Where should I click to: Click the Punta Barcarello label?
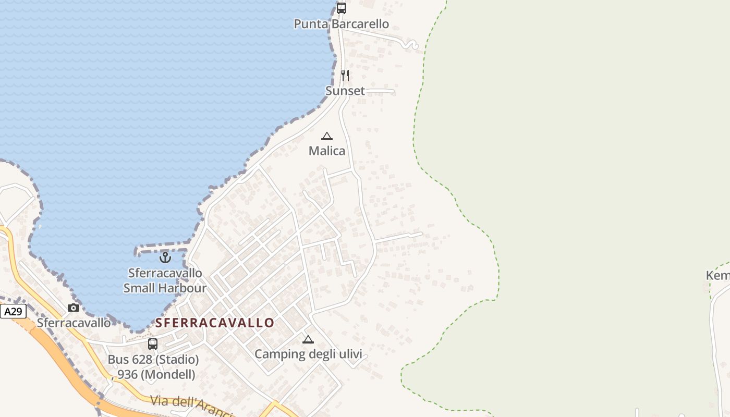pos(341,24)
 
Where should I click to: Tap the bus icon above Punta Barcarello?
pos(341,8)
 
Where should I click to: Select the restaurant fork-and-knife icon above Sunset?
pos(345,76)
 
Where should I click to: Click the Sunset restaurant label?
pos(345,91)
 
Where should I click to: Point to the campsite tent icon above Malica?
pos(327,137)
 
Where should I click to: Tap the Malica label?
pos(327,151)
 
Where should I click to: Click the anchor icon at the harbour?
pos(165,257)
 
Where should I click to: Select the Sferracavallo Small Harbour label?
pos(165,280)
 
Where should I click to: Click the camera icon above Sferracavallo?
pos(74,308)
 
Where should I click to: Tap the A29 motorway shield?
pos(13,312)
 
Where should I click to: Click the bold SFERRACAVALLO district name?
pos(215,323)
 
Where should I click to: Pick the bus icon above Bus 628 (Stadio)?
pos(153,344)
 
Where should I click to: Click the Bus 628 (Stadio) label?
pos(153,360)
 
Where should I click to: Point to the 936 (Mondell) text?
pos(156,374)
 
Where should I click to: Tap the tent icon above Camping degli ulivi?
pos(308,340)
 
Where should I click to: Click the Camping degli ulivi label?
pos(308,354)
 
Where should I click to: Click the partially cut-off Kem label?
pos(718,275)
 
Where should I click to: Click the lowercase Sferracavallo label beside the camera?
pos(74,323)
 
